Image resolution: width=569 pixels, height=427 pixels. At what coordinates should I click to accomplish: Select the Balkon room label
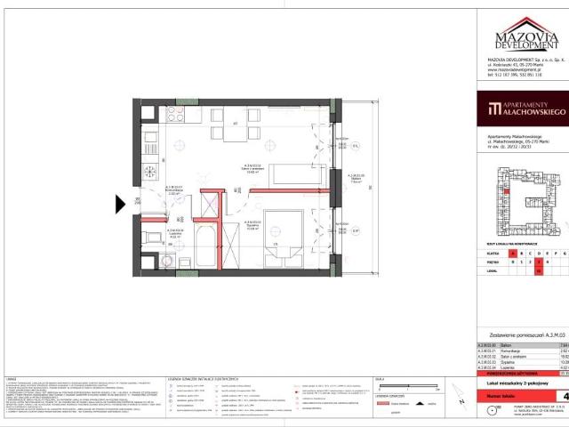[354, 177]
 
